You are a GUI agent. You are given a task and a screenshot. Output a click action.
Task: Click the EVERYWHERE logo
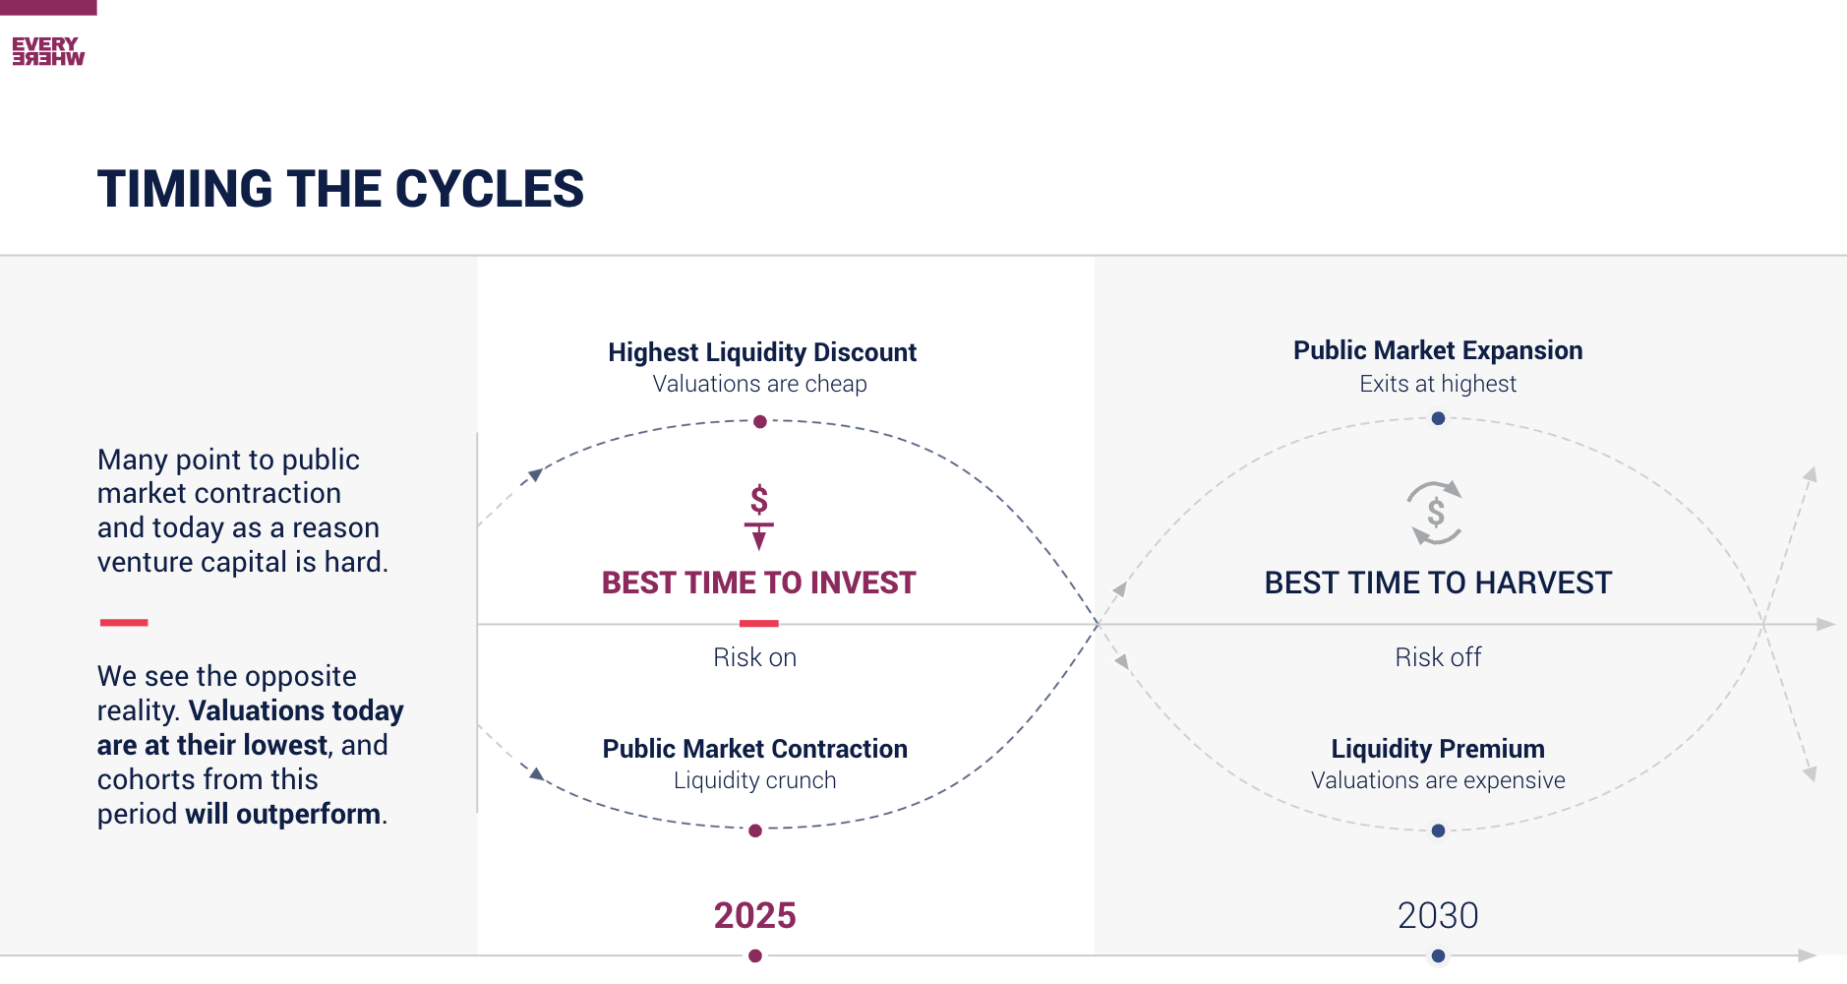click(48, 51)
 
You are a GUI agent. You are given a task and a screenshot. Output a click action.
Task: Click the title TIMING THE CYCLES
click(340, 189)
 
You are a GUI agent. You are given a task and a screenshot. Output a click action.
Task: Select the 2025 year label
click(754, 915)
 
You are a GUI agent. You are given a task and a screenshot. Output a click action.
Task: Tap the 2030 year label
click(1438, 915)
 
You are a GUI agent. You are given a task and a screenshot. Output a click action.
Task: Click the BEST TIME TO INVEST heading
click(758, 583)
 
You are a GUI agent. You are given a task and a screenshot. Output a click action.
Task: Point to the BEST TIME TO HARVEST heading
click(1438, 583)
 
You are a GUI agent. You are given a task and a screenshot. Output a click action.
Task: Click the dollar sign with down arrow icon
click(758, 516)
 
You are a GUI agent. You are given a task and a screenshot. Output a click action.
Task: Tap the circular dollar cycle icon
click(1435, 513)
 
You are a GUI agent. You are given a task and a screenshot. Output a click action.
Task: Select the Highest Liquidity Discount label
click(761, 352)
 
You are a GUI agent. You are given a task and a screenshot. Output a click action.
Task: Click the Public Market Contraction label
click(754, 749)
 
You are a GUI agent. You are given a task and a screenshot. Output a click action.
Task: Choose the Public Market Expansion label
click(1438, 350)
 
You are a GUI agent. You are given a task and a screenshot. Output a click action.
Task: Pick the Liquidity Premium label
click(1438, 749)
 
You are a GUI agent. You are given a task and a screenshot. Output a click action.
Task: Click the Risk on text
click(754, 657)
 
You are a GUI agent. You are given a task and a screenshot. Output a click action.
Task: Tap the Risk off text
click(1438, 657)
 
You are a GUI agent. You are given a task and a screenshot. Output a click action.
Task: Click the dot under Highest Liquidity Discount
click(760, 422)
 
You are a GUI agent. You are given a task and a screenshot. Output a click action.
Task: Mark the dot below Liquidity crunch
click(755, 830)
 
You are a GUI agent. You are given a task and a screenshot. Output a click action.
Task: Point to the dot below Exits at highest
click(1438, 418)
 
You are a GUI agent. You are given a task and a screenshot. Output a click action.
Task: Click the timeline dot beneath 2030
click(1438, 955)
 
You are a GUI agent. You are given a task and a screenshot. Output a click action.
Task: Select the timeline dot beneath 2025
click(755, 955)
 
